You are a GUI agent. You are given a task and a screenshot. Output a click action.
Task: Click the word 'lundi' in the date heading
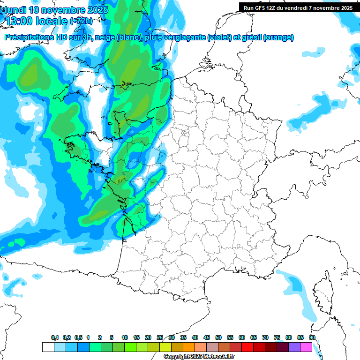(15, 10)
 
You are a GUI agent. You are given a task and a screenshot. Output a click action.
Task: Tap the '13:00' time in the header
(19, 22)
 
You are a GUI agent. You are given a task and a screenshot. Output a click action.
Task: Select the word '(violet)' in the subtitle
(219, 37)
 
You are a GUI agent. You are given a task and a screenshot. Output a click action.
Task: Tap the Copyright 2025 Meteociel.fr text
(199, 357)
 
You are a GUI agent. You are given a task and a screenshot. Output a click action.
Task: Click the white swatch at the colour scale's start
(48, 347)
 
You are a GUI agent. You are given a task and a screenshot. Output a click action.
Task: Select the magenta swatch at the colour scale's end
(306, 347)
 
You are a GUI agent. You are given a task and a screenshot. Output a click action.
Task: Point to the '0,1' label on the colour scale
(55, 337)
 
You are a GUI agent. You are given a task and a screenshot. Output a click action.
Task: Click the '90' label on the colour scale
(312, 337)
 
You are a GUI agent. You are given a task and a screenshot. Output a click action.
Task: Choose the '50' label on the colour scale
(218, 337)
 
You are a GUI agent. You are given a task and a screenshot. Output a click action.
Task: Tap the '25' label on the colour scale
(160, 337)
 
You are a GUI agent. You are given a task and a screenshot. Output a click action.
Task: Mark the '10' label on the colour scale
(125, 337)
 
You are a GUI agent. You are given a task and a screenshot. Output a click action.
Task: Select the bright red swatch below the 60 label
(247, 347)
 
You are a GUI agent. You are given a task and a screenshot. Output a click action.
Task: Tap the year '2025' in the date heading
(95, 10)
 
